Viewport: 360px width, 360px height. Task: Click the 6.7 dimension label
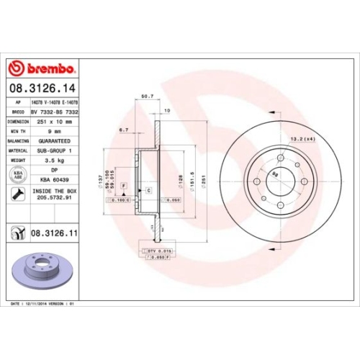pos(123,131)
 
